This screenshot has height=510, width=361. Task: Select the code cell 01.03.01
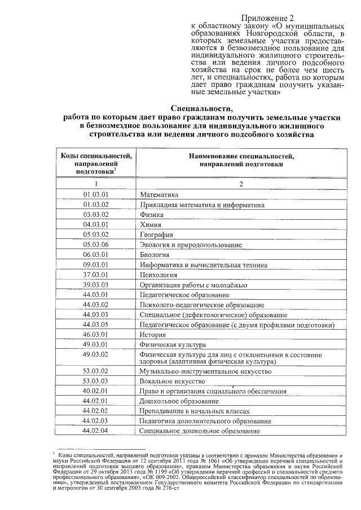coord(95,194)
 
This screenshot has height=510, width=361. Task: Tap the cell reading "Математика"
coord(160,194)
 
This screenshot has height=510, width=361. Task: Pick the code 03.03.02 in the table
coord(95,214)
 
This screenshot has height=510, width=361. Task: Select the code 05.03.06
coord(95,244)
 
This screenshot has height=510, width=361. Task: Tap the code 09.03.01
coord(95,264)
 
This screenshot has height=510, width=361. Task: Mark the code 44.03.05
coord(95,324)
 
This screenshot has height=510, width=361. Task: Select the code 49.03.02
coord(95,354)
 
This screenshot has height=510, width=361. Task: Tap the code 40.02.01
coord(95,391)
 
